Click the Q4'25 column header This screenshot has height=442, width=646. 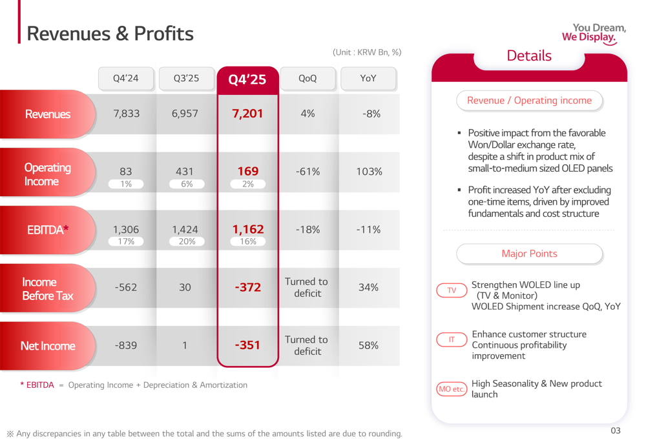[247, 79]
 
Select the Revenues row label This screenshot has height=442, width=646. [47, 114]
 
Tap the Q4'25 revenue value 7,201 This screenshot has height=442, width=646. [247, 114]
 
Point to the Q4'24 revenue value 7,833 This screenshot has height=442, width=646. [126, 114]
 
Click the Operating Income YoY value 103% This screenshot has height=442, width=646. [368, 172]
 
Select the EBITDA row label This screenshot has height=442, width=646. [48, 229]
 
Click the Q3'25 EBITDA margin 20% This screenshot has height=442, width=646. [186, 241]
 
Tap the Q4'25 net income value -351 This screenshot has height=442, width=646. [247, 345]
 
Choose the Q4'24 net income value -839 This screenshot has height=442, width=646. [126, 345]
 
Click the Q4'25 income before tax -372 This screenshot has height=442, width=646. [247, 287]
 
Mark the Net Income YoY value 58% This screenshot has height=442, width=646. [368, 345]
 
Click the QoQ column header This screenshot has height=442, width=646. [307, 79]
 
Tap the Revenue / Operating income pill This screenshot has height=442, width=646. [529, 101]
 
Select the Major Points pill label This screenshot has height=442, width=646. [529, 254]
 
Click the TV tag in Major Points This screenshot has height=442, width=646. [452, 290]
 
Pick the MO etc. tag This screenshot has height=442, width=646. [452, 389]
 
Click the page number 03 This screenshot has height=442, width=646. [614, 430]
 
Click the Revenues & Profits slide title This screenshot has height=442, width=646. [110, 34]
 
